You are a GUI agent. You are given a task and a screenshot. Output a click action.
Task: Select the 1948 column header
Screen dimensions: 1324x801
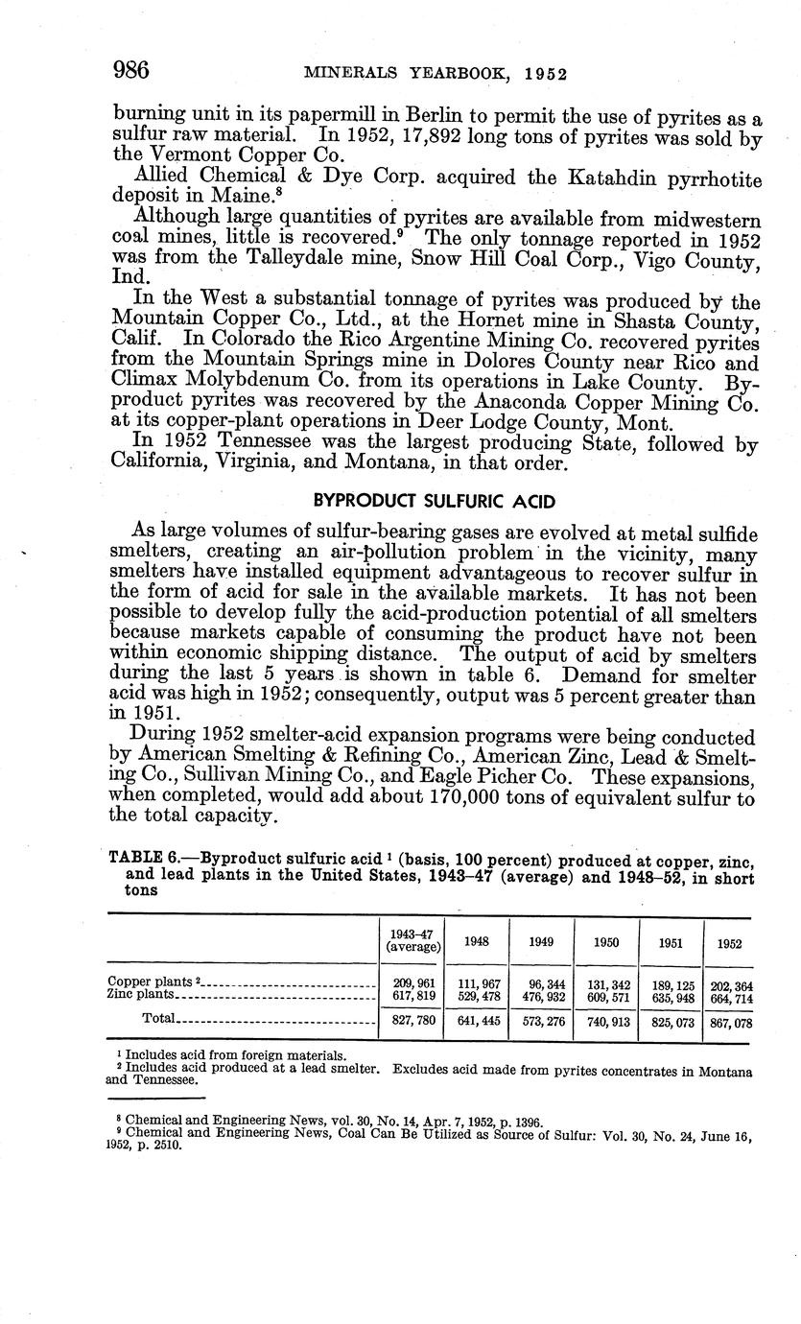476,942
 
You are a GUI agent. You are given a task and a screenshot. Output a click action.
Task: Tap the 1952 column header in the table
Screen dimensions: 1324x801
729,943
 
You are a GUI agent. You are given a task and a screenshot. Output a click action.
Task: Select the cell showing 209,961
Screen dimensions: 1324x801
412,983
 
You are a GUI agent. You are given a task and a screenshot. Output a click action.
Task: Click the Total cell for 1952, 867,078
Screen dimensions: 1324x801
729,1023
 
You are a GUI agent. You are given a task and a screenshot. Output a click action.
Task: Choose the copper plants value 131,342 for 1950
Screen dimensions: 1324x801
605,983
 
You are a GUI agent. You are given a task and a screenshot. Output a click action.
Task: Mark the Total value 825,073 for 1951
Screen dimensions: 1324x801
670,1023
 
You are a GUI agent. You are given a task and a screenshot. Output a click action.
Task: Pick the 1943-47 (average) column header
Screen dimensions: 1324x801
412,940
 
